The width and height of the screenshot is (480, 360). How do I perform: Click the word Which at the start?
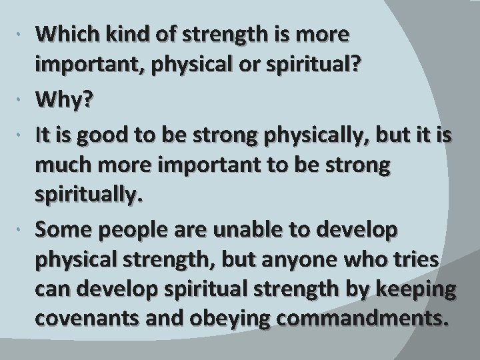[64, 33]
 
